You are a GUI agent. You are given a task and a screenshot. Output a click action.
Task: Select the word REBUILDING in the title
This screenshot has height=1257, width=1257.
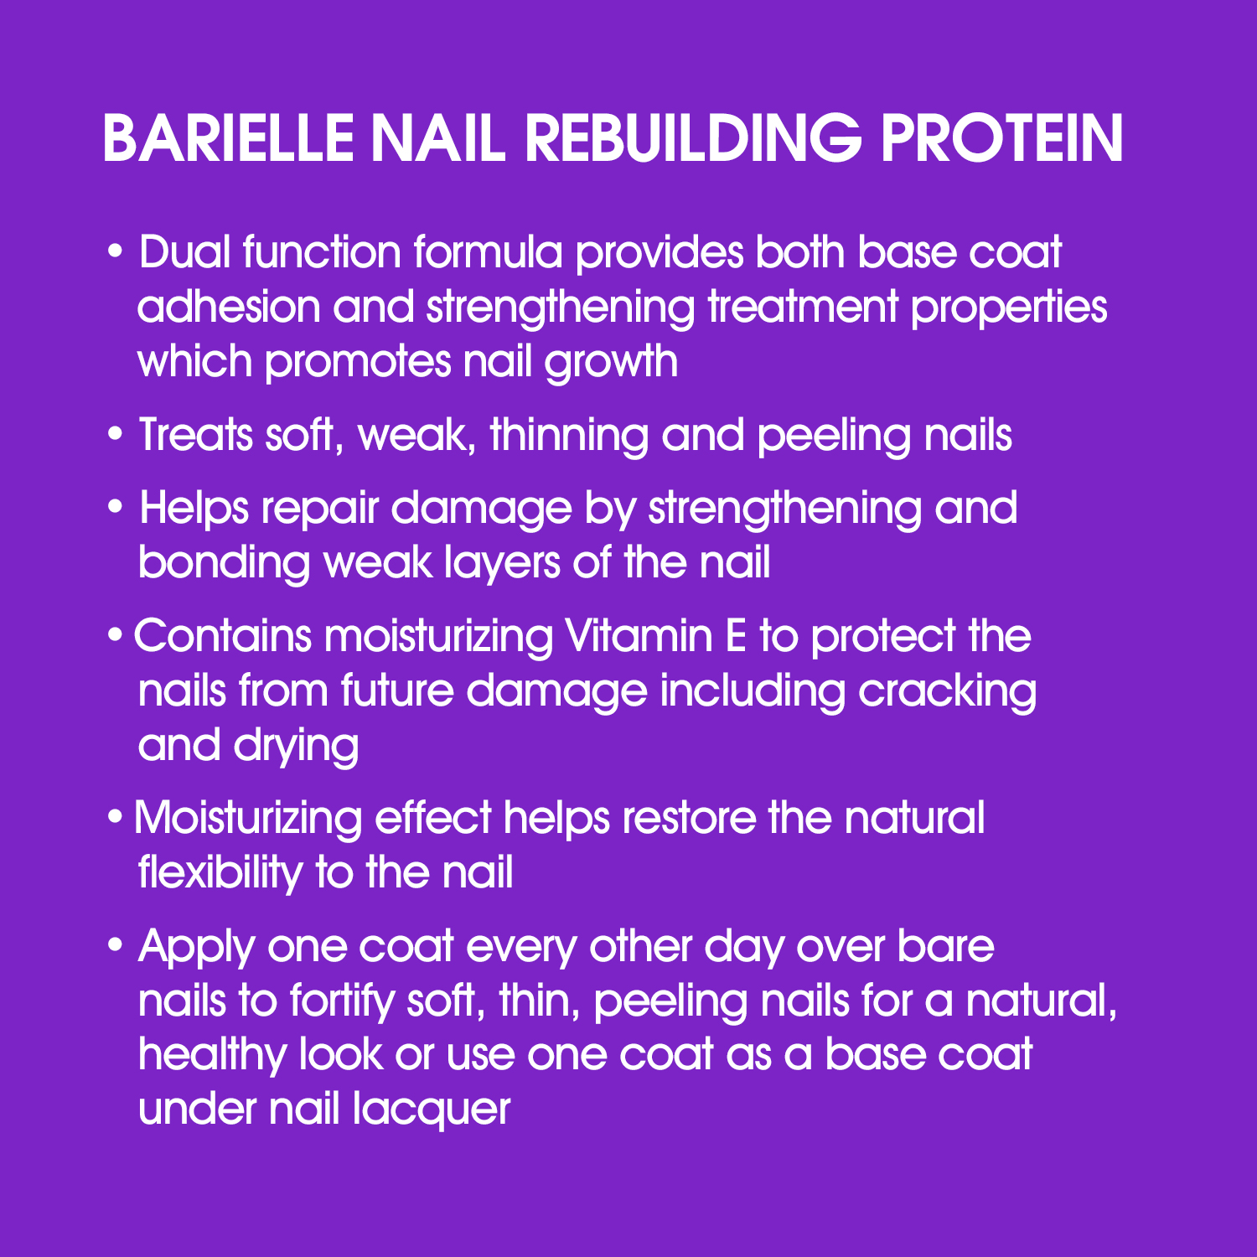pyautogui.click(x=692, y=138)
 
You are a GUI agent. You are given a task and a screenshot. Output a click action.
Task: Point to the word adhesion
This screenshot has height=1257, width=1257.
pyautogui.click(x=229, y=307)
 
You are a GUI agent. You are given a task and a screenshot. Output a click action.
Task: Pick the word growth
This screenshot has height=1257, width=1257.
pyautogui.click(x=611, y=362)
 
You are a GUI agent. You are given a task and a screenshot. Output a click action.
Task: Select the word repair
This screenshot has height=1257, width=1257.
pyautogui.click(x=319, y=510)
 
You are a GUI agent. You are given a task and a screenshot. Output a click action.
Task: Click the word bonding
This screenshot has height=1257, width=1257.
pyautogui.click(x=224, y=563)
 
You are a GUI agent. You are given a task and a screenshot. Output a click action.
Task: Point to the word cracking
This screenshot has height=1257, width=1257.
pyautogui.click(x=947, y=691)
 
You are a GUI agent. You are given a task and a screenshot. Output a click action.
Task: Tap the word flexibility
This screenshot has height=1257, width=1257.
pyautogui.click(x=220, y=873)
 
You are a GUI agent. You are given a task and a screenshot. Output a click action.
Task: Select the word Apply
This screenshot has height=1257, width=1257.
pyautogui.click(x=196, y=947)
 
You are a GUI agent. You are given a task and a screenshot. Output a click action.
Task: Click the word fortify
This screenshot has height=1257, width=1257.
pyautogui.click(x=341, y=1001)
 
